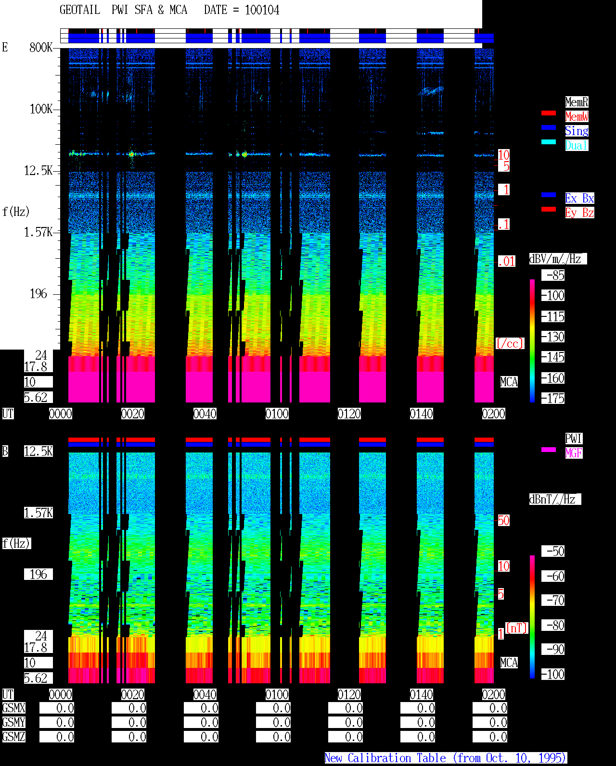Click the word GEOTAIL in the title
tap(80, 10)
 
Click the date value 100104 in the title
tap(262, 10)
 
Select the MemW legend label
tap(577, 116)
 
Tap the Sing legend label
tap(577, 131)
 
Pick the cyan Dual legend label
tap(577, 145)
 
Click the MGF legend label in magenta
tap(574, 453)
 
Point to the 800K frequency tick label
tap(41, 47)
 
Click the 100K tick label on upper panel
tap(41, 109)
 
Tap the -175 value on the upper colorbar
tap(553, 398)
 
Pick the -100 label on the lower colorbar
tap(553, 674)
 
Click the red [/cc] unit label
tap(510, 343)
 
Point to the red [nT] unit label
tap(516, 628)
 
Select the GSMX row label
tap(14, 708)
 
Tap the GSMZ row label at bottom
tap(14, 737)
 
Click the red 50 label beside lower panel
tap(504, 521)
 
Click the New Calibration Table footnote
tap(445, 758)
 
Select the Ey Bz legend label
tap(579, 213)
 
